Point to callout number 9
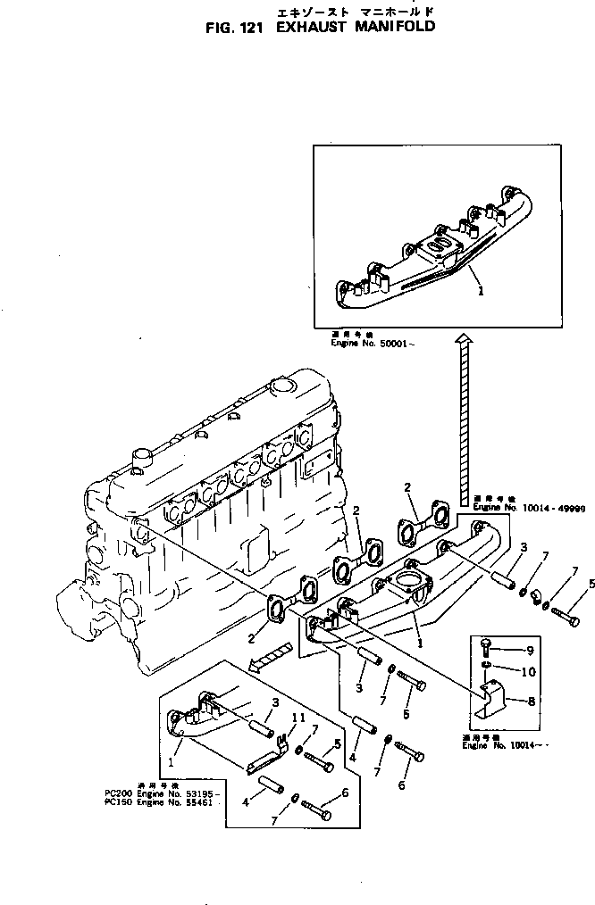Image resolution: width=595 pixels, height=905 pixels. [529, 650]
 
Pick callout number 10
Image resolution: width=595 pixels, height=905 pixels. [528, 670]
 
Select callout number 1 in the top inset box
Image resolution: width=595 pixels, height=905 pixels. [481, 289]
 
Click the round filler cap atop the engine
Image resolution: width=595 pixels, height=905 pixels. [281, 387]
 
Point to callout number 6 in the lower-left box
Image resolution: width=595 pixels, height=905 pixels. [344, 792]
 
